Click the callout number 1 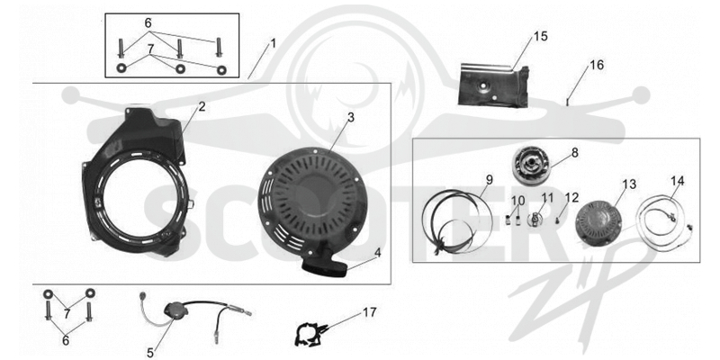[274, 44]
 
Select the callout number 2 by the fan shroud [202, 107]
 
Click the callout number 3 [351, 117]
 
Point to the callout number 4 [377, 253]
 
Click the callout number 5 [150, 353]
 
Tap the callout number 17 [369, 312]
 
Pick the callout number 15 [541, 36]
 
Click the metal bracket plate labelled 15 [493, 85]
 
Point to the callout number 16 [597, 65]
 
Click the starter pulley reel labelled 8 [529, 167]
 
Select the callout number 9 [490, 179]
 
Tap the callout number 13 [629, 184]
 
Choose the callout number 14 [677, 181]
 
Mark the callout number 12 [572, 197]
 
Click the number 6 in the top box [148, 23]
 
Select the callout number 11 [547, 198]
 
